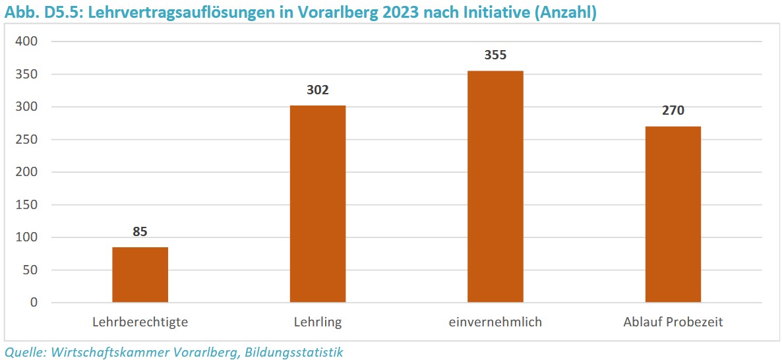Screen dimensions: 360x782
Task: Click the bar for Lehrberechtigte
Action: click(140, 275)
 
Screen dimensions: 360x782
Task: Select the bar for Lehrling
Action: click(318, 204)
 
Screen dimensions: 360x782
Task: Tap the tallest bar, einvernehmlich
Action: click(495, 187)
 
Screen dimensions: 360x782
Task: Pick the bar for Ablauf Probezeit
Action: click(673, 214)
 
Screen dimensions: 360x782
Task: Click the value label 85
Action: click(140, 231)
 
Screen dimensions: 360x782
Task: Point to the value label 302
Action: click(318, 90)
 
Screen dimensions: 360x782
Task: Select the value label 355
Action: click(495, 55)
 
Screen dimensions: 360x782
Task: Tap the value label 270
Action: click(673, 111)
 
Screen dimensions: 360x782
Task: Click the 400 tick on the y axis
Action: click(28, 42)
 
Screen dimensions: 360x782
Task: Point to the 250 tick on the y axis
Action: click(28, 140)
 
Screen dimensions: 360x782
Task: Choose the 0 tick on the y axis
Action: click(34, 303)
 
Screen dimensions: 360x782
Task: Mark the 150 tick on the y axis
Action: click(28, 205)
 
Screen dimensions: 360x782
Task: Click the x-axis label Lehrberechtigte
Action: click(140, 322)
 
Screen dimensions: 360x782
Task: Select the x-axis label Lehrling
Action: click(318, 322)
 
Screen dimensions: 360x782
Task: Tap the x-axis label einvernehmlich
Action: click(495, 322)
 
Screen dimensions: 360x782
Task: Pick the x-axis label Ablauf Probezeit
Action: click(673, 322)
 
